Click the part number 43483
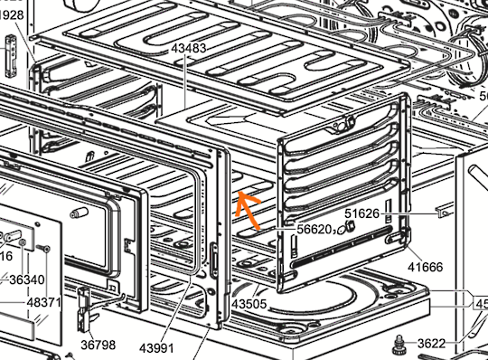[x=188, y=47]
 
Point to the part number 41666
[x=425, y=267]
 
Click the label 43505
[x=249, y=305]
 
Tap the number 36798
[x=98, y=345]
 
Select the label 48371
[x=43, y=301]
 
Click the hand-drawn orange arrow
[x=249, y=209]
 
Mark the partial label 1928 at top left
[x=11, y=15]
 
